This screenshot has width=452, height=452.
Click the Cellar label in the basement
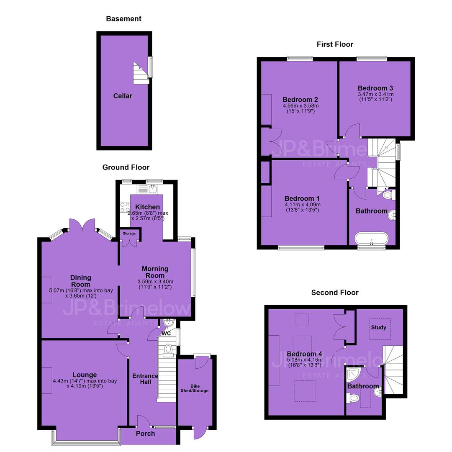click(x=123, y=96)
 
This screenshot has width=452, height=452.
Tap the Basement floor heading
click(x=123, y=19)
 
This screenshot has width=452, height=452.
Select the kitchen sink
click(x=153, y=189)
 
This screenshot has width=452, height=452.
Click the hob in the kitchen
click(x=125, y=208)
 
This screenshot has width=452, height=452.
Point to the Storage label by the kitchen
click(x=129, y=234)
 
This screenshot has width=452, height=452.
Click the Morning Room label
click(x=155, y=272)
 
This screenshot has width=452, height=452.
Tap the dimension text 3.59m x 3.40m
click(x=155, y=282)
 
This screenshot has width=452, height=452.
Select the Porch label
click(x=145, y=434)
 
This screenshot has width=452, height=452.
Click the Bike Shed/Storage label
click(x=195, y=388)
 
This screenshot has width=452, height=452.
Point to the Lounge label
click(x=85, y=375)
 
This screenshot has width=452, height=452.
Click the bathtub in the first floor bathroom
click(x=372, y=239)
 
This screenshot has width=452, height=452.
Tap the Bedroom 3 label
click(x=375, y=88)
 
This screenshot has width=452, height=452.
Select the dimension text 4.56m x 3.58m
click(x=301, y=106)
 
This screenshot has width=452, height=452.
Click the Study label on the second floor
click(x=378, y=327)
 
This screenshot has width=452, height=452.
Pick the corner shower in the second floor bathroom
click(x=353, y=373)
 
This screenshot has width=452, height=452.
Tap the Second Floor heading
click(x=335, y=293)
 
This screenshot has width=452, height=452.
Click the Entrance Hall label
click(x=145, y=379)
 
